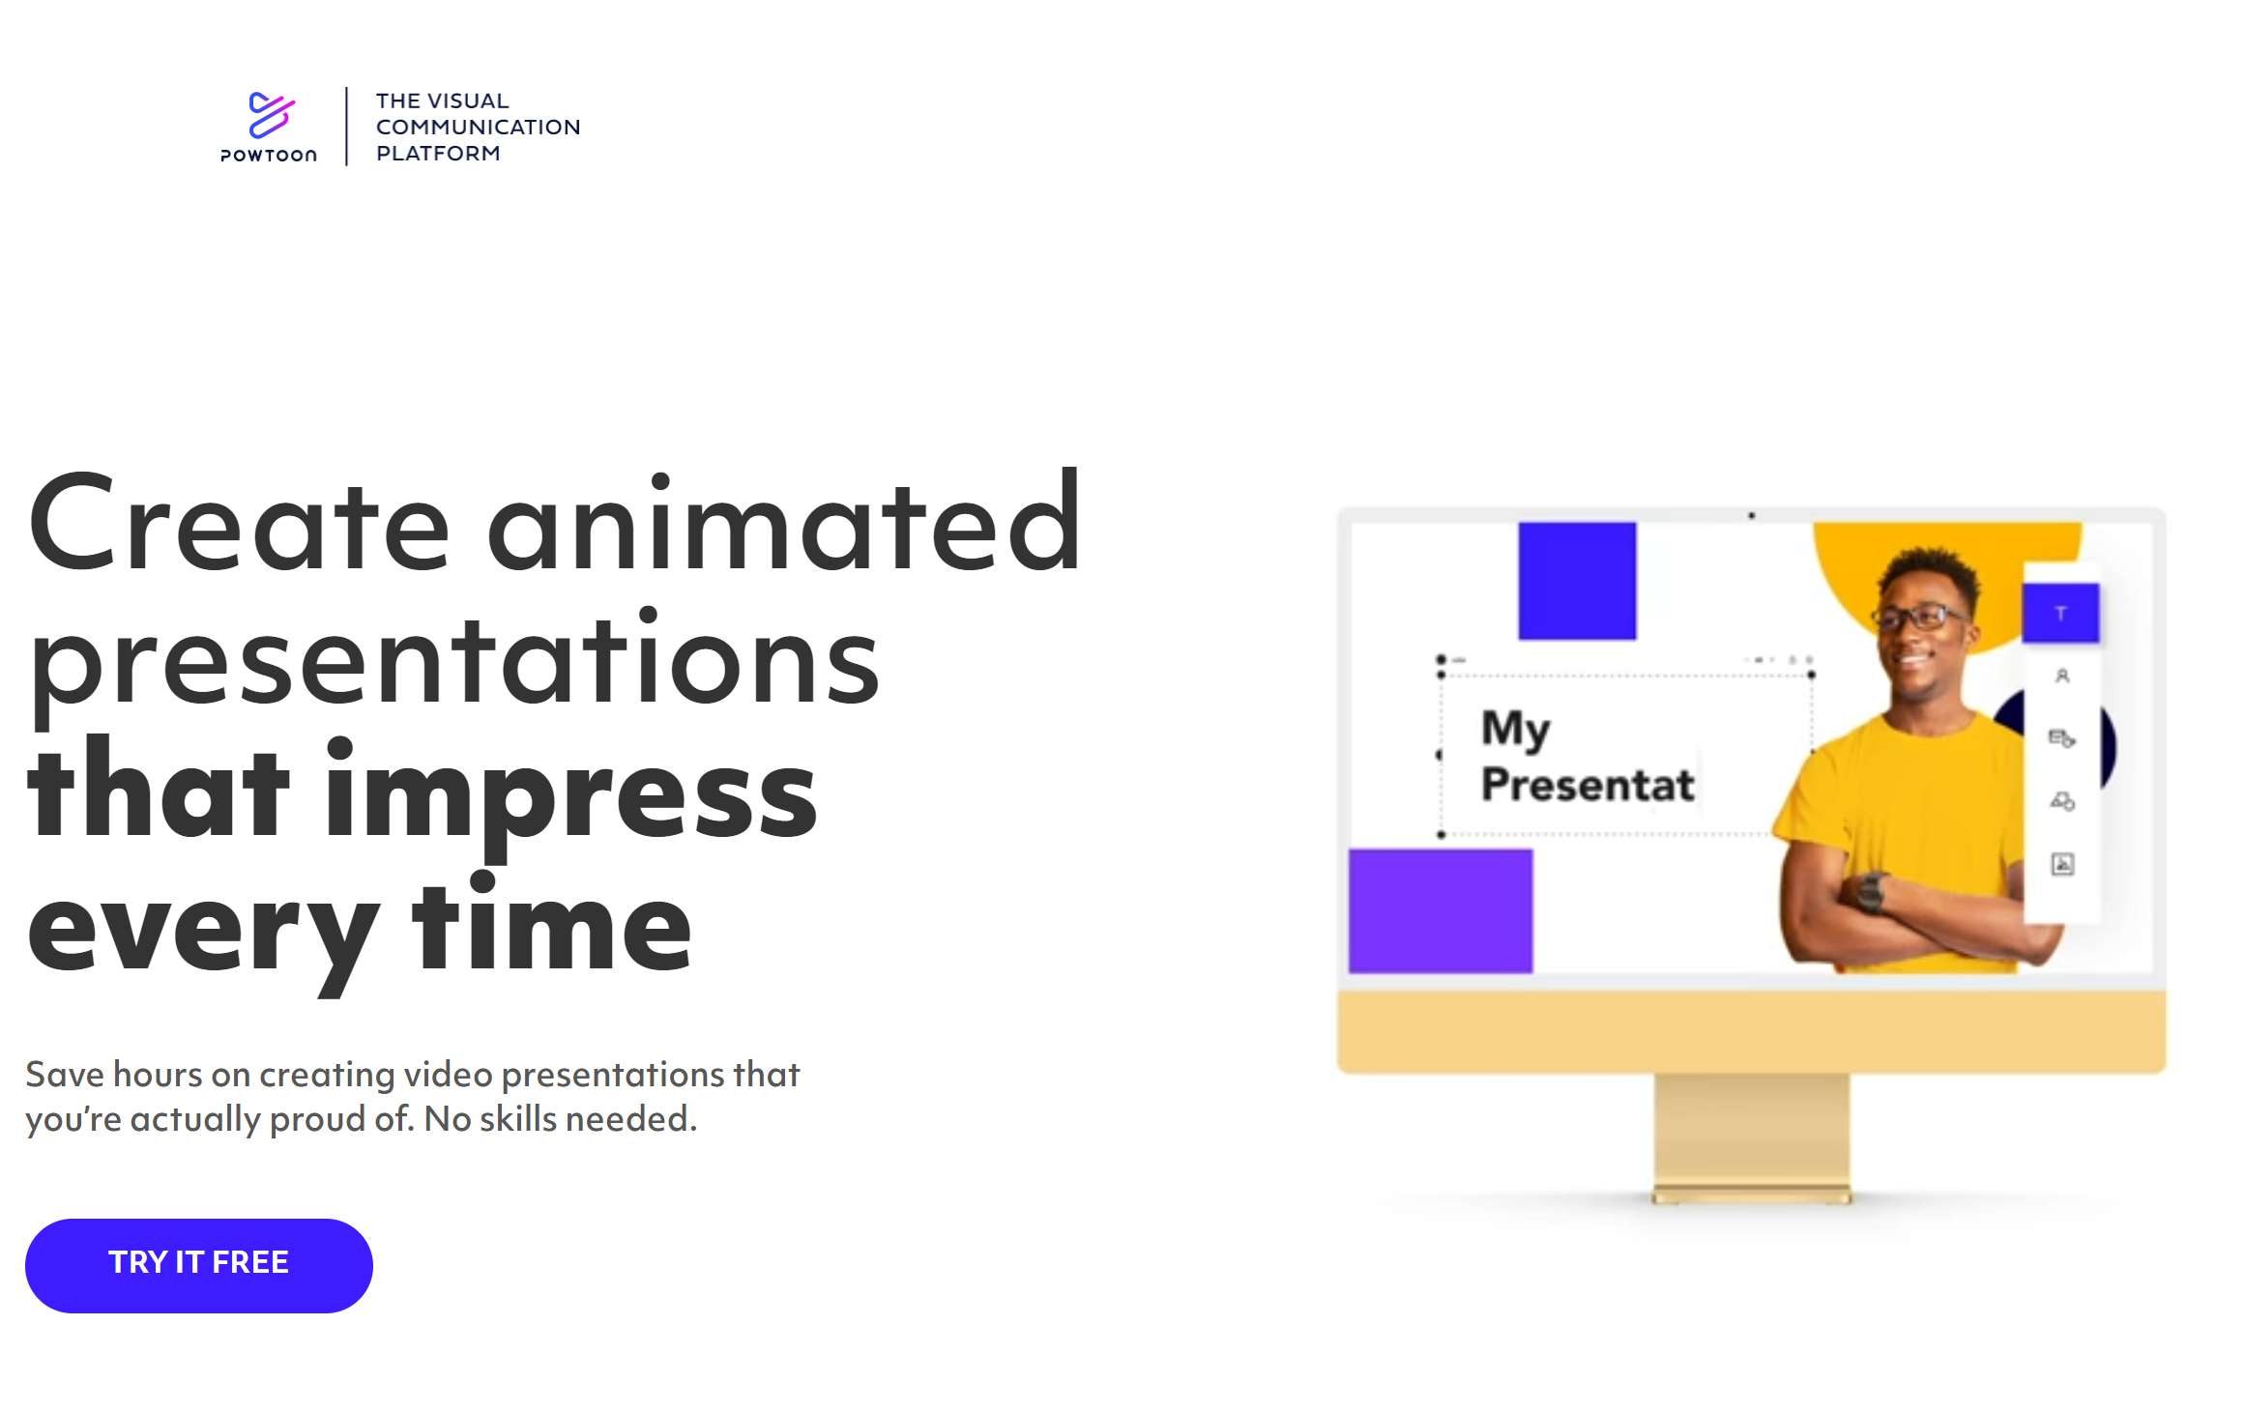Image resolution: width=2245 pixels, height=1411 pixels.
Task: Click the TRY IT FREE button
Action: [198, 1265]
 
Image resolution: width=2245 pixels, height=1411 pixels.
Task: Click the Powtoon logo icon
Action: [271, 115]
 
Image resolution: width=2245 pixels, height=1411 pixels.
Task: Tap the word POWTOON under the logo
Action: [269, 156]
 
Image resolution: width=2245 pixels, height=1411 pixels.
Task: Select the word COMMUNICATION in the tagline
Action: [478, 127]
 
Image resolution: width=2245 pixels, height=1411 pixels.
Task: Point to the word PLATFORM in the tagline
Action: [438, 153]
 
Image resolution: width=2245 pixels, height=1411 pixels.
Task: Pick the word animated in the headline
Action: [784, 522]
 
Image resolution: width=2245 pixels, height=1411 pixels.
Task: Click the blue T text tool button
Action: [2060, 613]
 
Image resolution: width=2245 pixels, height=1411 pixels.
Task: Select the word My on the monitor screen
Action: [1516, 730]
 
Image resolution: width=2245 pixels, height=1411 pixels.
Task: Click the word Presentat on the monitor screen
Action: [1588, 785]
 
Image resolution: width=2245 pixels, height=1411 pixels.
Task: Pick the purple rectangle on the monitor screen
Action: [1441, 910]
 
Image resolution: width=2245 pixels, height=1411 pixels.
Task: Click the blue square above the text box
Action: [1577, 581]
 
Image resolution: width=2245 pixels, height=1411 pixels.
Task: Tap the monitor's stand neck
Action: [1752, 1131]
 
